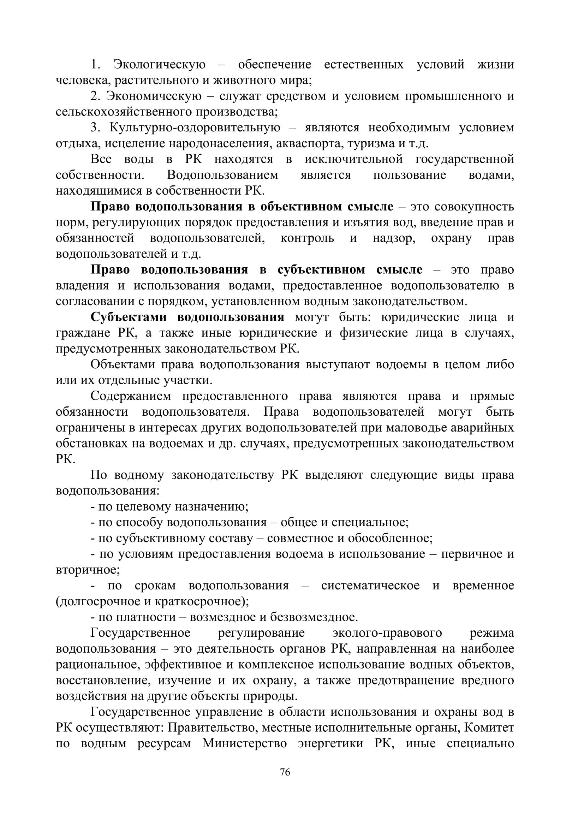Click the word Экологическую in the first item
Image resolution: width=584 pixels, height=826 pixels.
click(x=159, y=65)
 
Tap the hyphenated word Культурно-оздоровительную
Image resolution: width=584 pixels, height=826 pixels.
click(x=195, y=128)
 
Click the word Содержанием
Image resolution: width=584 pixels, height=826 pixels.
click(x=131, y=396)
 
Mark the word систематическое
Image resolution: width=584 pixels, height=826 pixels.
click(x=370, y=586)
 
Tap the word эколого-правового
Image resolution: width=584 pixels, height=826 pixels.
click(x=387, y=633)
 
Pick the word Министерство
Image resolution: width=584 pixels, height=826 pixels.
click(x=245, y=744)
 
